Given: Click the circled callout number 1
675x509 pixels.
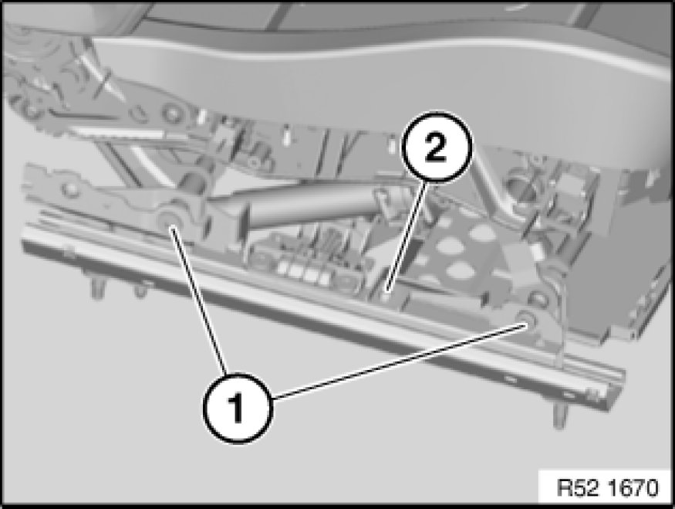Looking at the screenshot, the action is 238,407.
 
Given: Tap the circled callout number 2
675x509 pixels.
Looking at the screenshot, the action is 437,147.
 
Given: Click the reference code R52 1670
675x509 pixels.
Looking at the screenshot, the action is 607,487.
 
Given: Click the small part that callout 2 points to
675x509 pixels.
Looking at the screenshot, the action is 387,294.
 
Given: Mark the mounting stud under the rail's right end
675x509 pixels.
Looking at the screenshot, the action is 559,416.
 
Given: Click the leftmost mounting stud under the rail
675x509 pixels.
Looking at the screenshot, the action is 97,289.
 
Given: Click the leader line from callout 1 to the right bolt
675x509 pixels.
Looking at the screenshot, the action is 398,361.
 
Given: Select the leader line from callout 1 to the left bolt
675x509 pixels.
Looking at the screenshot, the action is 198,300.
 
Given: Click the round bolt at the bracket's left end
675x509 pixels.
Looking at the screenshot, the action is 69,188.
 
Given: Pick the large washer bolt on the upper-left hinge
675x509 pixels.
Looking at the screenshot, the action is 172,114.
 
